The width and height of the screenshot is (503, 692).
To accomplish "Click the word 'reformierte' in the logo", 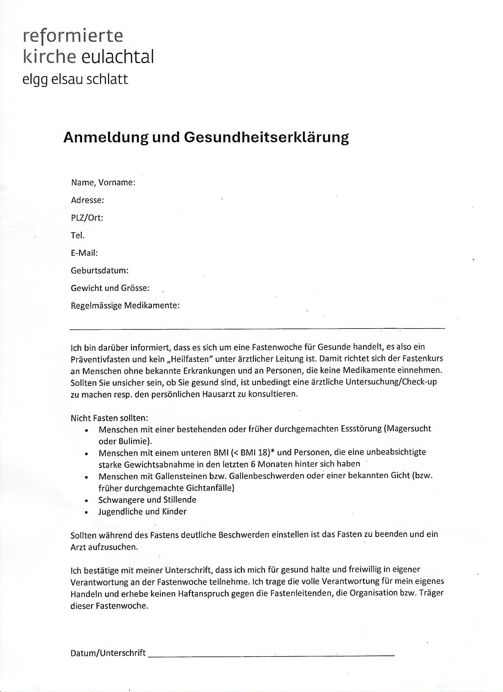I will pos(73,37).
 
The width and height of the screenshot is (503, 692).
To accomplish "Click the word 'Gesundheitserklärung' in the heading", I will pos(266,138).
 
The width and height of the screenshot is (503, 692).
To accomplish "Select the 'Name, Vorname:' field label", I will pos(103,182).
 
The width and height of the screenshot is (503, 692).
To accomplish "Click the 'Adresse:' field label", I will pos(88,200).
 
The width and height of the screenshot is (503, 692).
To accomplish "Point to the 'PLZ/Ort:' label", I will pos(87,218).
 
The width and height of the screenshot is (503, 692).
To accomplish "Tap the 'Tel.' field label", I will pos(78,235).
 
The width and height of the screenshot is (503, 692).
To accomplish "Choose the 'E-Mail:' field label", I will pos(84,253).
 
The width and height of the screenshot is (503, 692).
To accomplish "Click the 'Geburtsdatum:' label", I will pos(99,271).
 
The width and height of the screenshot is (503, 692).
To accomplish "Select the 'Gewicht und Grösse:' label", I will pos(110,288).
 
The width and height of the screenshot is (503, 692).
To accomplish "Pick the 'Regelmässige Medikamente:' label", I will pos(125,305).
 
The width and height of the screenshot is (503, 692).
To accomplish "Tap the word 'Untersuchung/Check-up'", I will pos(391,382).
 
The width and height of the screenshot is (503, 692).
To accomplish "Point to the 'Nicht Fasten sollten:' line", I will pos(109,418).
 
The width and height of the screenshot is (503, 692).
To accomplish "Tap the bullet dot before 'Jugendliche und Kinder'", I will pos(87,513).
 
